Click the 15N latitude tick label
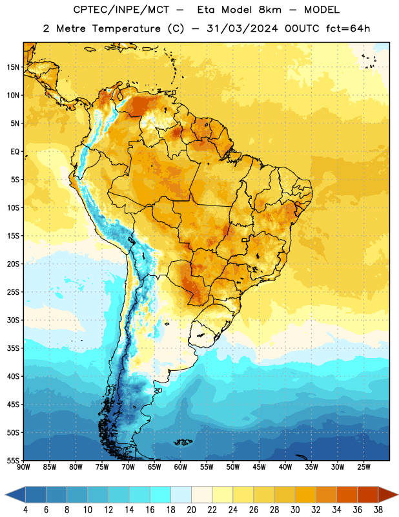[12, 67]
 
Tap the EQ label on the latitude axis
[15, 152]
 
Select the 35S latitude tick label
[12, 348]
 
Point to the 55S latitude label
[12, 460]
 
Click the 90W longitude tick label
[23, 467]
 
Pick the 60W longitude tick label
[181, 467]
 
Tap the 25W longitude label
[363, 467]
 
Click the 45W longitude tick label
[259, 467]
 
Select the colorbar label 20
[191, 510]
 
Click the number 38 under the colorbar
[378, 510]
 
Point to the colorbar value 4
[25, 510]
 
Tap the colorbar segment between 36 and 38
[368, 494]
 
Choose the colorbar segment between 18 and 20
[181, 494]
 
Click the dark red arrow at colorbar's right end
[387, 494]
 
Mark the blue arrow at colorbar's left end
[15, 494]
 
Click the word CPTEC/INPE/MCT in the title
[121, 10]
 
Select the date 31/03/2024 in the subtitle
[242, 28]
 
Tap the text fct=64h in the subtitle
[348, 28]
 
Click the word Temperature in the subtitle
[126, 29]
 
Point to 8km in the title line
[270, 10]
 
